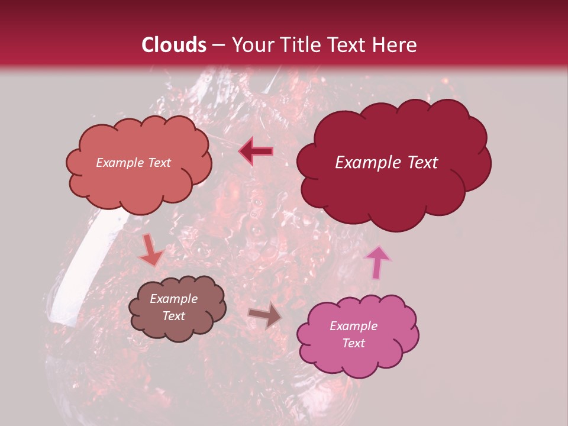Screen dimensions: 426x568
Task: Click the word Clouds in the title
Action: (x=174, y=45)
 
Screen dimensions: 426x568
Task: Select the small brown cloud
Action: (x=177, y=308)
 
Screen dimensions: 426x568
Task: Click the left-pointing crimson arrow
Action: (x=256, y=151)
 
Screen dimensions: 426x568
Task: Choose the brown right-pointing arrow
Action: (x=264, y=315)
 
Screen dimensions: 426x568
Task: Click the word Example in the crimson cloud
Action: (x=368, y=163)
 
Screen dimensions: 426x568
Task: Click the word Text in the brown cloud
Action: (x=173, y=316)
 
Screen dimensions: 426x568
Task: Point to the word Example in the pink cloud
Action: (x=353, y=326)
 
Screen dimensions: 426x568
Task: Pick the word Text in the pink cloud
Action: (x=353, y=343)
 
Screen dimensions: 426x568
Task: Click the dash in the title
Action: (x=218, y=45)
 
